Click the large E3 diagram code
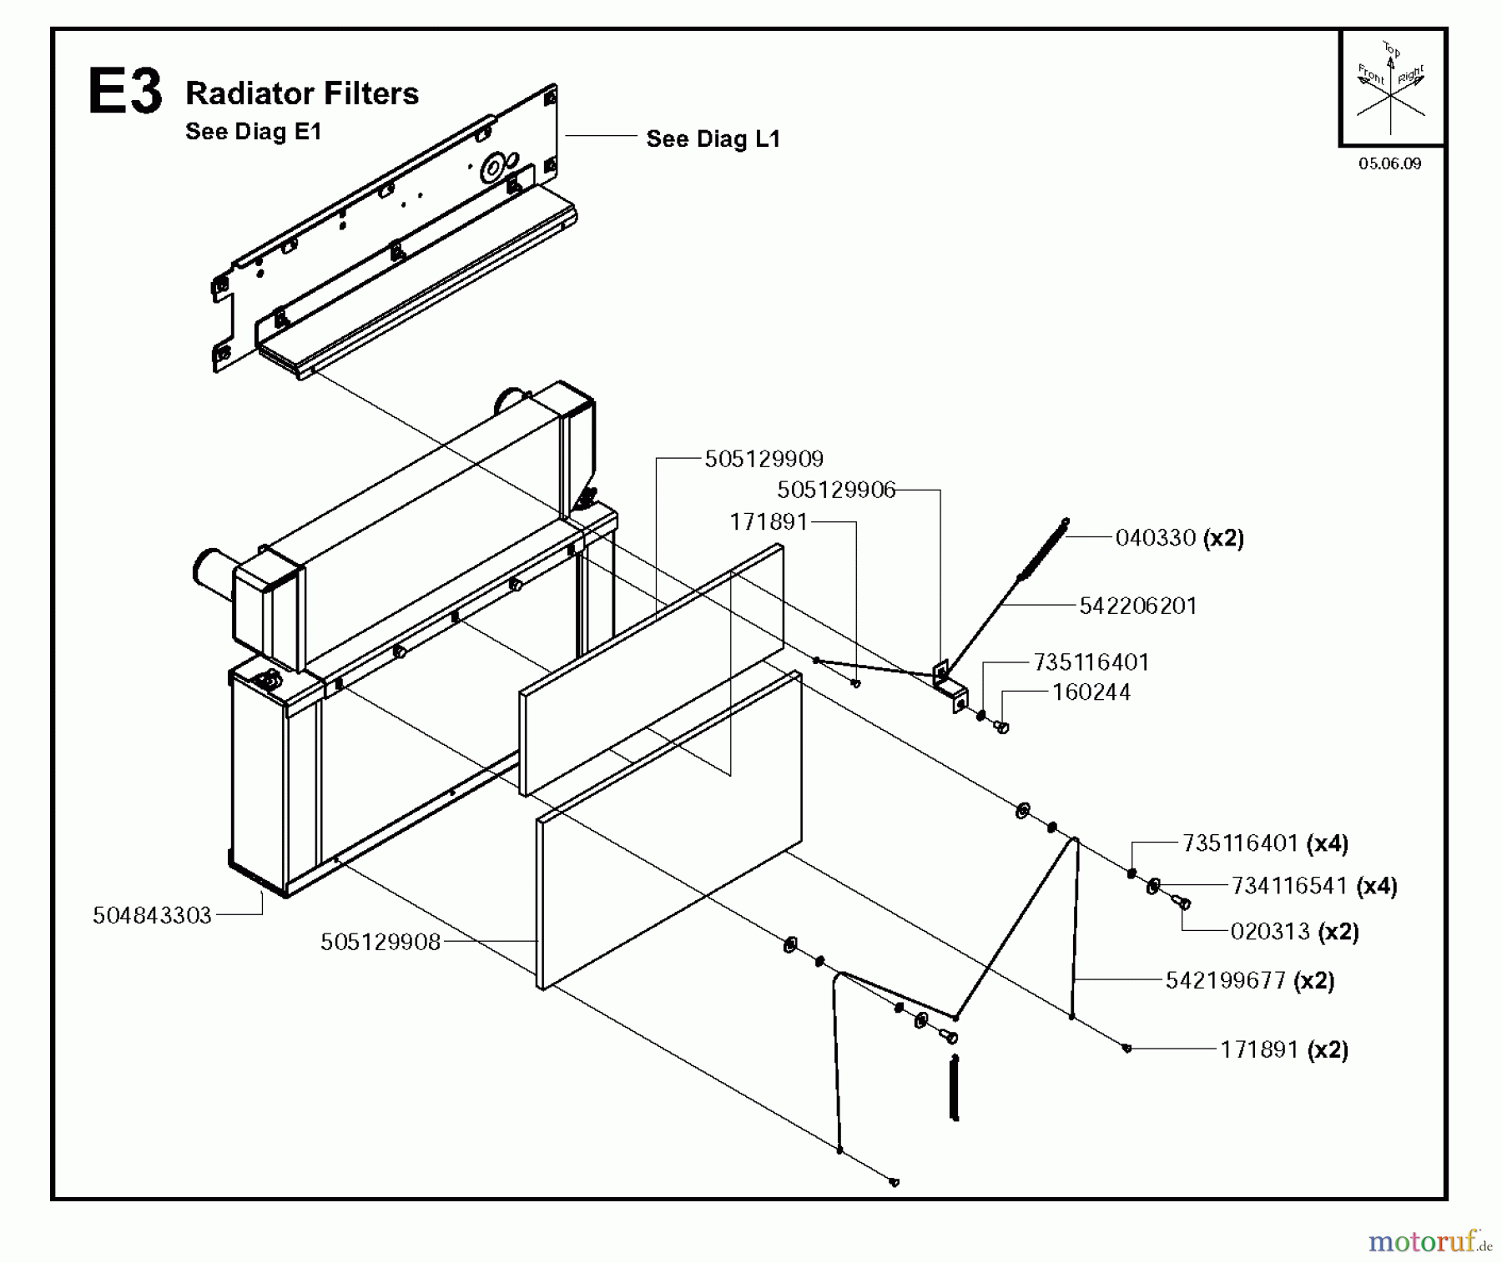(x=125, y=93)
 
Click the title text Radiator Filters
(x=301, y=93)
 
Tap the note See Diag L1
(x=713, y=138)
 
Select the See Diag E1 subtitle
(x=253, y=132)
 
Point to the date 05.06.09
(x=1389, y=164)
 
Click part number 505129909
(x=764, y=459)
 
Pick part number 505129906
(x=835, y=490)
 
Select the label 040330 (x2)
(x=1179, y=538)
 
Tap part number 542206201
(x=1137, y=606)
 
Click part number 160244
(x=1091, y=692)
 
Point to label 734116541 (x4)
(x=1313, y=886)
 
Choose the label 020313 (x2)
(x=1294, y=931)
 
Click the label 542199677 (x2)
(x=1249, y=980)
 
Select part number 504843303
(x=152, y=916)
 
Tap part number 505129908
(x=380, y=942)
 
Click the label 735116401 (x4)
(x=1264, y=843)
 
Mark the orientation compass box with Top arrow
(x=1391, y=88)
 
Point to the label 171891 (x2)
(x=1283, y=1049)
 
